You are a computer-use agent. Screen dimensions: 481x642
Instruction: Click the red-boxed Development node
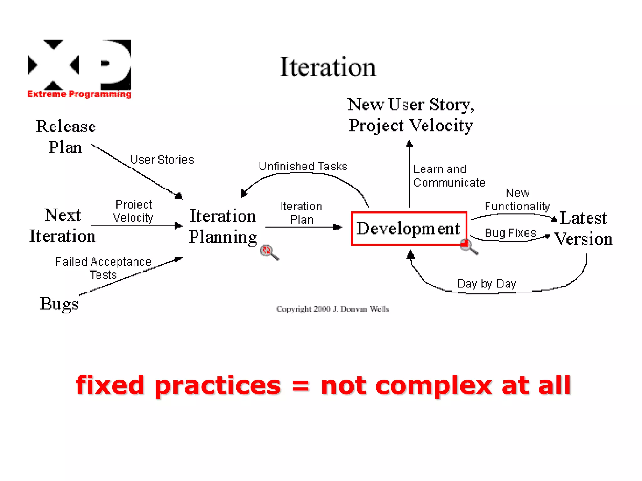[x=409, y=228]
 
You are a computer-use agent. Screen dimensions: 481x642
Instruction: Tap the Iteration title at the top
[x=328, y=67]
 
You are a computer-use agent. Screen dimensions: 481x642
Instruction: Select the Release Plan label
[x=66, y=137]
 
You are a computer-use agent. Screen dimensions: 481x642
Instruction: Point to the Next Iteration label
[x=62, y=225]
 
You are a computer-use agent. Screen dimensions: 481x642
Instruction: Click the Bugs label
[x=59, y=304]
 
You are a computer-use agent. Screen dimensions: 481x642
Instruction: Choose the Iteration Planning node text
[x=223, y=227]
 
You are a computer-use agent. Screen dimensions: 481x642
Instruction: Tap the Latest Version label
[x=583, y=228]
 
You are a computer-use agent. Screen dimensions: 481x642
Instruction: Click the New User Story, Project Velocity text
[x=411, y=115]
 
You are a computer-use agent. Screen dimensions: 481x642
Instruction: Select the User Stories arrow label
[x=162, y=160]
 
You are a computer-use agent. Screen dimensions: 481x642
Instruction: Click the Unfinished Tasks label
[x=303, y=166]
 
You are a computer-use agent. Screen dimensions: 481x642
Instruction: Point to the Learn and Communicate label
[x=449, y=176]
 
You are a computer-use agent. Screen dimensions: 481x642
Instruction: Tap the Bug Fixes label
[x=510, y=233]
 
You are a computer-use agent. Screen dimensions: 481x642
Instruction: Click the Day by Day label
[x=486, y=284]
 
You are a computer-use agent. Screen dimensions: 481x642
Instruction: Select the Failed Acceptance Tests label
[x=103, y=268]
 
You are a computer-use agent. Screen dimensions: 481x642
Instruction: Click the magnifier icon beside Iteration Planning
[x=269, y=252]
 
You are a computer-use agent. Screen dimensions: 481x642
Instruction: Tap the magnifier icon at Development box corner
[x=468, y=246]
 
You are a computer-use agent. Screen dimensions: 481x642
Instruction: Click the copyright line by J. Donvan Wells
[x=333, y=309]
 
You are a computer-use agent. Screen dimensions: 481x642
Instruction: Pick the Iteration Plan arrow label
[x=301, y=213]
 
